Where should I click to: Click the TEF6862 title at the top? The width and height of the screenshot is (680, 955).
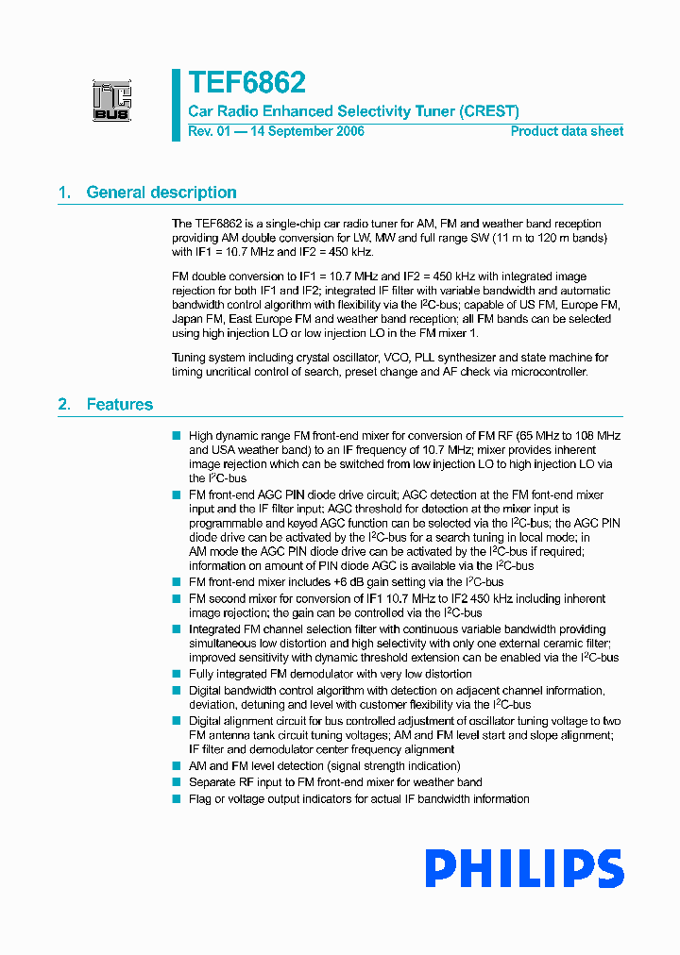tap(246, 83)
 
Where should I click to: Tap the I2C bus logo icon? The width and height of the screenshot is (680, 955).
tap(111, 101)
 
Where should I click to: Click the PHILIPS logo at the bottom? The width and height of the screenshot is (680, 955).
tap(524, 868)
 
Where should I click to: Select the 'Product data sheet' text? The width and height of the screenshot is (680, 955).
tap(567, 131)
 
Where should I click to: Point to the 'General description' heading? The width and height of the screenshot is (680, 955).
tap(161, 193)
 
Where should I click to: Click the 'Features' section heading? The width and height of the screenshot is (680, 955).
tap(120, 404)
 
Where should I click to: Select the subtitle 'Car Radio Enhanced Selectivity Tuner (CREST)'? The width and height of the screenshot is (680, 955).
tap(353, 110)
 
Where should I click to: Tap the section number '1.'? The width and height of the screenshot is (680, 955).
tap(64, 193)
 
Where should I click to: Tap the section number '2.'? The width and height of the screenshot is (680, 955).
tap(64, 404)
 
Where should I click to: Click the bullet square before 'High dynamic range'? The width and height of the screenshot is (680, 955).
tap(176, 435)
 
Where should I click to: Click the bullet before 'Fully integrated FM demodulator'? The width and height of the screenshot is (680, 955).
tap(176, 674)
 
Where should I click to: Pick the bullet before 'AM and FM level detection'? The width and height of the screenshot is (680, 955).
tap(176, 765)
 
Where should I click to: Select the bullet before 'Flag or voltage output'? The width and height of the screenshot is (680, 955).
tap(176, 798)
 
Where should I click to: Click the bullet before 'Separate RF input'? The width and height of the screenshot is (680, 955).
tap(176, 781)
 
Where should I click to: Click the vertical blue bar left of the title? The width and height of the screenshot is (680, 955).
tap(176, 104)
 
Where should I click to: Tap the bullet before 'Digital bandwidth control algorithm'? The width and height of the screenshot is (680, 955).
tap(176, 690)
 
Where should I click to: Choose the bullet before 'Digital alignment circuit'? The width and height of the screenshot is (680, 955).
tap(176, 720)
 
